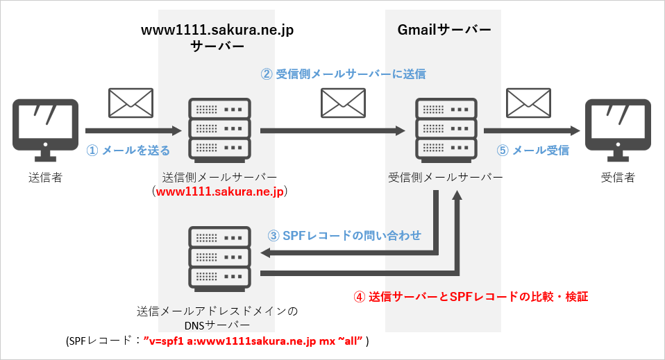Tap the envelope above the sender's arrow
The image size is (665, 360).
pos(131,103)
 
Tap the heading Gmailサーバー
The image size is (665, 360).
pos(444,30)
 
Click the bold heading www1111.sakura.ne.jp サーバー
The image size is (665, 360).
pos(217,38)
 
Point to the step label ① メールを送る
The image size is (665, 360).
pos(128,150)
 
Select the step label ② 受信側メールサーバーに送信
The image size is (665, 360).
pos(343,74)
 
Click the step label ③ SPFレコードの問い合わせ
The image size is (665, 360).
pos(344,235)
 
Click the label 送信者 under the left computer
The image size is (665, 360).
pos(46,178)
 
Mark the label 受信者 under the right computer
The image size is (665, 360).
pos(618,178)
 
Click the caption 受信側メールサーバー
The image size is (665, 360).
pos(445,178)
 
